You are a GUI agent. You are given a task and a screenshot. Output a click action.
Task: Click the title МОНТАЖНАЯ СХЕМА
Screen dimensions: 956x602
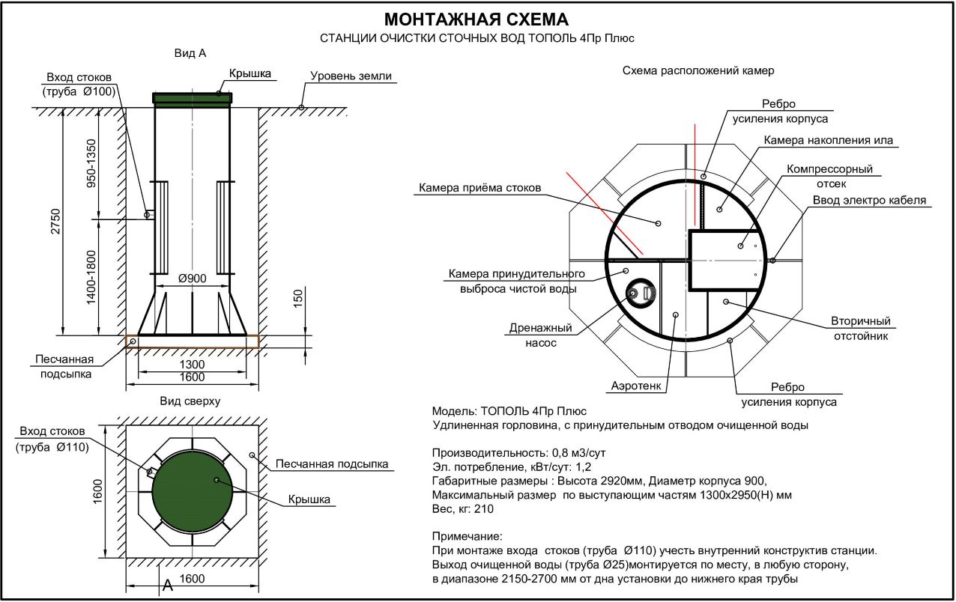pos(477,19)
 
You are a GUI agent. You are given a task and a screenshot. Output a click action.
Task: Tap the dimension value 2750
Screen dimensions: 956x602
pos(56,221)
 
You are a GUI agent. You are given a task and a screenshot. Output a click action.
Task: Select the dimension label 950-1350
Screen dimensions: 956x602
pos(91,164)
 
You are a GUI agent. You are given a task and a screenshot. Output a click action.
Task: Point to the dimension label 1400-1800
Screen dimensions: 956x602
pos(91,278)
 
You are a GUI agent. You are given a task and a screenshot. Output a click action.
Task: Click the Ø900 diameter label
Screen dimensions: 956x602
pos(192,279)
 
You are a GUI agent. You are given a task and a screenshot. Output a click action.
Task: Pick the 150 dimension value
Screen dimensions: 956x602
pos(298,297)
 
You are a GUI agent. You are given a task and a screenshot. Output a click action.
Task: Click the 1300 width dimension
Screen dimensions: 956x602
pos(192,365)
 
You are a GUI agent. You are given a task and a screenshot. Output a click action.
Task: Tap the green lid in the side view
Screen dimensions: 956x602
pos(193,98)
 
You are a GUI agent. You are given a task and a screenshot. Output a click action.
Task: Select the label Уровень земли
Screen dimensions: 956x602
pos(351,76)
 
